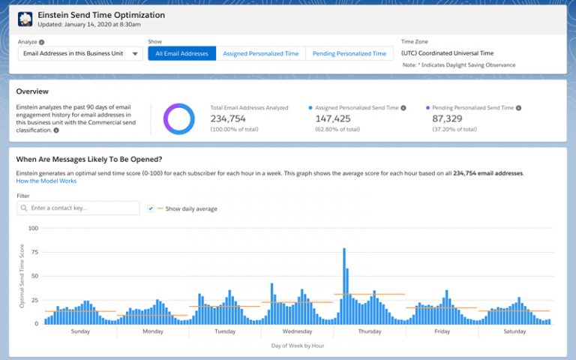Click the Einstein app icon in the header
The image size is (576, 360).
[25, 19]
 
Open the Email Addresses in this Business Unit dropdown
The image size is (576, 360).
[79, 54]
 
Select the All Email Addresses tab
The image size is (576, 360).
[182, 54]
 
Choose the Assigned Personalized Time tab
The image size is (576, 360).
[260, 54]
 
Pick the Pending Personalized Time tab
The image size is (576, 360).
[349, 54]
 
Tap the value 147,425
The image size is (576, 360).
[333, 118]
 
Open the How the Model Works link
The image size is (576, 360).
[46, 181]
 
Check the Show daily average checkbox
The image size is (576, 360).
[151, 208]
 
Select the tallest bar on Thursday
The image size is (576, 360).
[343, 286]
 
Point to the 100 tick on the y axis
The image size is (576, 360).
[32, 227]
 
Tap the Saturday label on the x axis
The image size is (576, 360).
[514, 331]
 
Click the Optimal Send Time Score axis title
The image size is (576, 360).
[22, 275]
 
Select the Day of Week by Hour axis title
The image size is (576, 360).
[297, 345]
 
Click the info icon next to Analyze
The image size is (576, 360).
[41, 43]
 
